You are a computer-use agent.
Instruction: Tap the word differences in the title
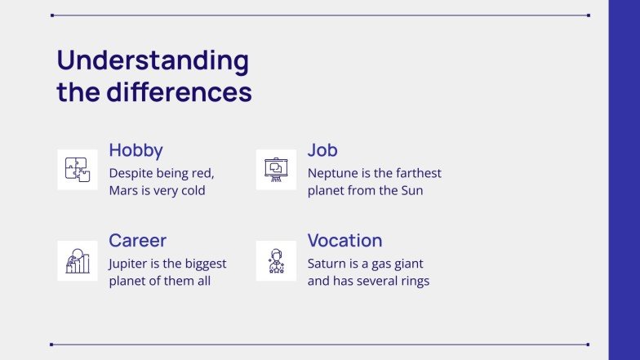pyautogui.click(x=180, y=91)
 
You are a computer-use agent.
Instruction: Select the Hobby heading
pyautogui.click(x=136, y=150)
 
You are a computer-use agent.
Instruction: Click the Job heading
pyautogui.click(x=322, y=150)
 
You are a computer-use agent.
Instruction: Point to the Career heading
pyautogui.click(x=137, y=240)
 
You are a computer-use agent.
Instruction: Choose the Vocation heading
pyautogui.click(x=344, y=240)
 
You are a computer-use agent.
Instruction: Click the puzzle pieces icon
pyautogui.click(x=78, y=170)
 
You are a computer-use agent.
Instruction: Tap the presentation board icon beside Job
pyautogui.click(x=276, y=170)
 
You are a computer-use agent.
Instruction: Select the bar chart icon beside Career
pyautogui.click(x=78, y=261)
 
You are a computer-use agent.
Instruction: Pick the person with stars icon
pyautogui.click(x=276, y=261)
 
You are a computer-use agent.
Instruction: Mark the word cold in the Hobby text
pyautogui.click(x=193, y=191)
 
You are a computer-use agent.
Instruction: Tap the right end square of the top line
pyautogui.click(x=589, y=16)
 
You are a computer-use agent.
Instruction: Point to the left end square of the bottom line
pyautogui.click(x=51, y=344)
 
